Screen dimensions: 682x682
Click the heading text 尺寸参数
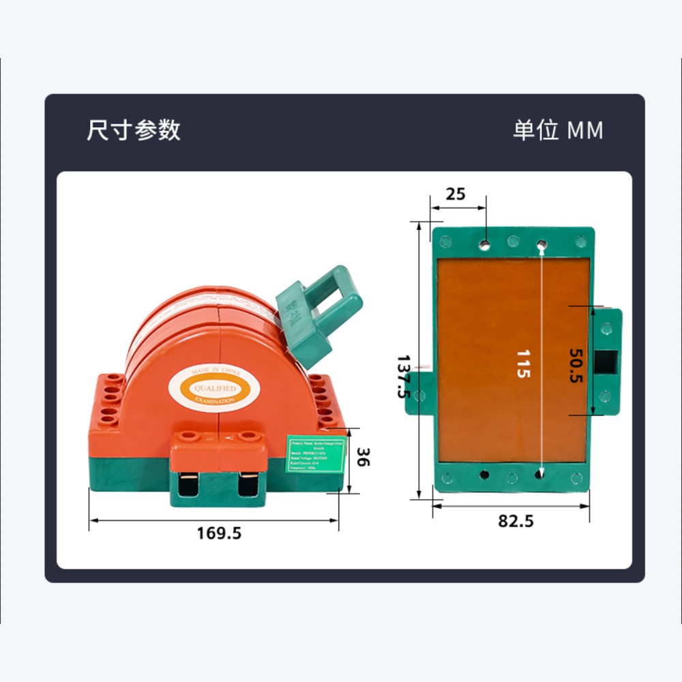(134, 130)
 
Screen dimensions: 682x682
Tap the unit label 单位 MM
(558, 130)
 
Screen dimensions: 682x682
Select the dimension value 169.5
(219, 533)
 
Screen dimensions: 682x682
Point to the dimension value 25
(455, 194)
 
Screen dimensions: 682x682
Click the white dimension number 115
(522, 364)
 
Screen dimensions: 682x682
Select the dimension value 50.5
(577, 366)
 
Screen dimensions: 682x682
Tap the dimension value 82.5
(516, 521)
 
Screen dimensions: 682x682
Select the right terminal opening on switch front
(250, 485)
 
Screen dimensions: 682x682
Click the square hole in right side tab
(606, 361)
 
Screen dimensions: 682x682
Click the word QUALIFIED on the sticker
(215, 387)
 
